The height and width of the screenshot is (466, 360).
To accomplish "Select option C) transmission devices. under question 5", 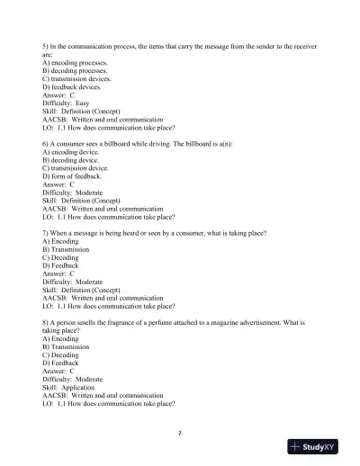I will point(76,78).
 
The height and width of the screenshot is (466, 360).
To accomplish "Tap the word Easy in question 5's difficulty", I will point(82,103).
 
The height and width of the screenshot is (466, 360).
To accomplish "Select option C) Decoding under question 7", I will point(60,257).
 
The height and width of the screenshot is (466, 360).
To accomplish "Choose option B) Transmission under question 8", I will point(66,346).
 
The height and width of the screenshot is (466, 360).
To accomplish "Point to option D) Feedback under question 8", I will point(60,363).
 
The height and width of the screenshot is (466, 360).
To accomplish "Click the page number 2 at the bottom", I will point(180,432).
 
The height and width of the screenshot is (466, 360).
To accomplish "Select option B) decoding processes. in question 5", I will point(74,70).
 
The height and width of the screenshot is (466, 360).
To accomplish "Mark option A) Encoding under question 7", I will point(60,241).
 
